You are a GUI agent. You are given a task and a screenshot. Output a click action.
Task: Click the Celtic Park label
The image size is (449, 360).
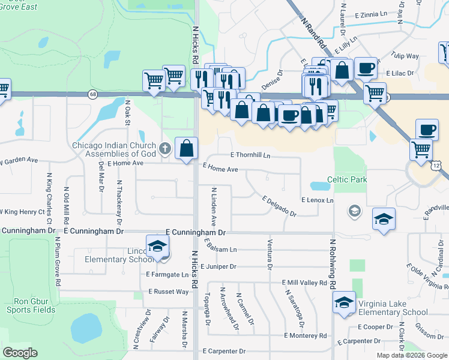tap(346, 179)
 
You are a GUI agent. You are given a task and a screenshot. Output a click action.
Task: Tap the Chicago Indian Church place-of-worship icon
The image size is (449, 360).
tap(166, 146)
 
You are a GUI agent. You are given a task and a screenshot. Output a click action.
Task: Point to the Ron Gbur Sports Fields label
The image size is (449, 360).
tap(31, 305)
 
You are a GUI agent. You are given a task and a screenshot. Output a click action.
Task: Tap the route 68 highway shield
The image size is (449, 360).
tap(92, 94)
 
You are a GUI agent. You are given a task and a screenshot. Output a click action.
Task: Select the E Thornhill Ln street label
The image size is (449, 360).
tap(250, 155)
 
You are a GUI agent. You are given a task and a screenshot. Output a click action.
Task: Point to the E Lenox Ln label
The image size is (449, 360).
tap(318, 199)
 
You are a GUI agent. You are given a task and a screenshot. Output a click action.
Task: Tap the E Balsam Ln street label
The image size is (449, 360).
tap(220, 249)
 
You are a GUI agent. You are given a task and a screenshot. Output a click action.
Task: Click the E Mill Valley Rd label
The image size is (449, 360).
tap(304, 283)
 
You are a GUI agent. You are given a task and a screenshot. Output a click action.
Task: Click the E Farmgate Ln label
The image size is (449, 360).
tap(167, 274)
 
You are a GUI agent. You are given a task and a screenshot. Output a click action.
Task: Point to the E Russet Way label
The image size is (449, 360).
tap(169, 292)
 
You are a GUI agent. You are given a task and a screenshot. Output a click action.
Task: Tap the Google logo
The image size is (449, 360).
tap(20, 353)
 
